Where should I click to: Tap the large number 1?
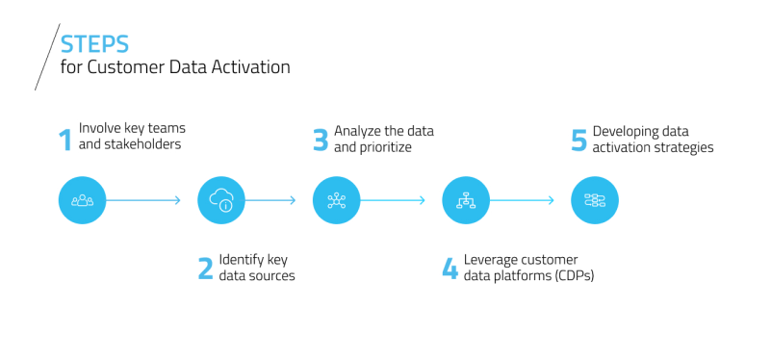[65, 140]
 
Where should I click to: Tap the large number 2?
[205, 269]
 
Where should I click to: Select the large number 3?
[321, 140]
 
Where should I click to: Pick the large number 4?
[450, 269]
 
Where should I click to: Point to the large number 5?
[578, 140]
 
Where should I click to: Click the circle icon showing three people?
[82, 200]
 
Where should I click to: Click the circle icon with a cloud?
[221, 200]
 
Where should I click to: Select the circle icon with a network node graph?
[336, 200]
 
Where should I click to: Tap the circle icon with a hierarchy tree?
[466, 200]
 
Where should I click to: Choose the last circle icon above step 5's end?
[595, 200]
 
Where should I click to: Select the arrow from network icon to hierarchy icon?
[393, 200]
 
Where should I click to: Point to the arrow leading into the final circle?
[522, 200]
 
